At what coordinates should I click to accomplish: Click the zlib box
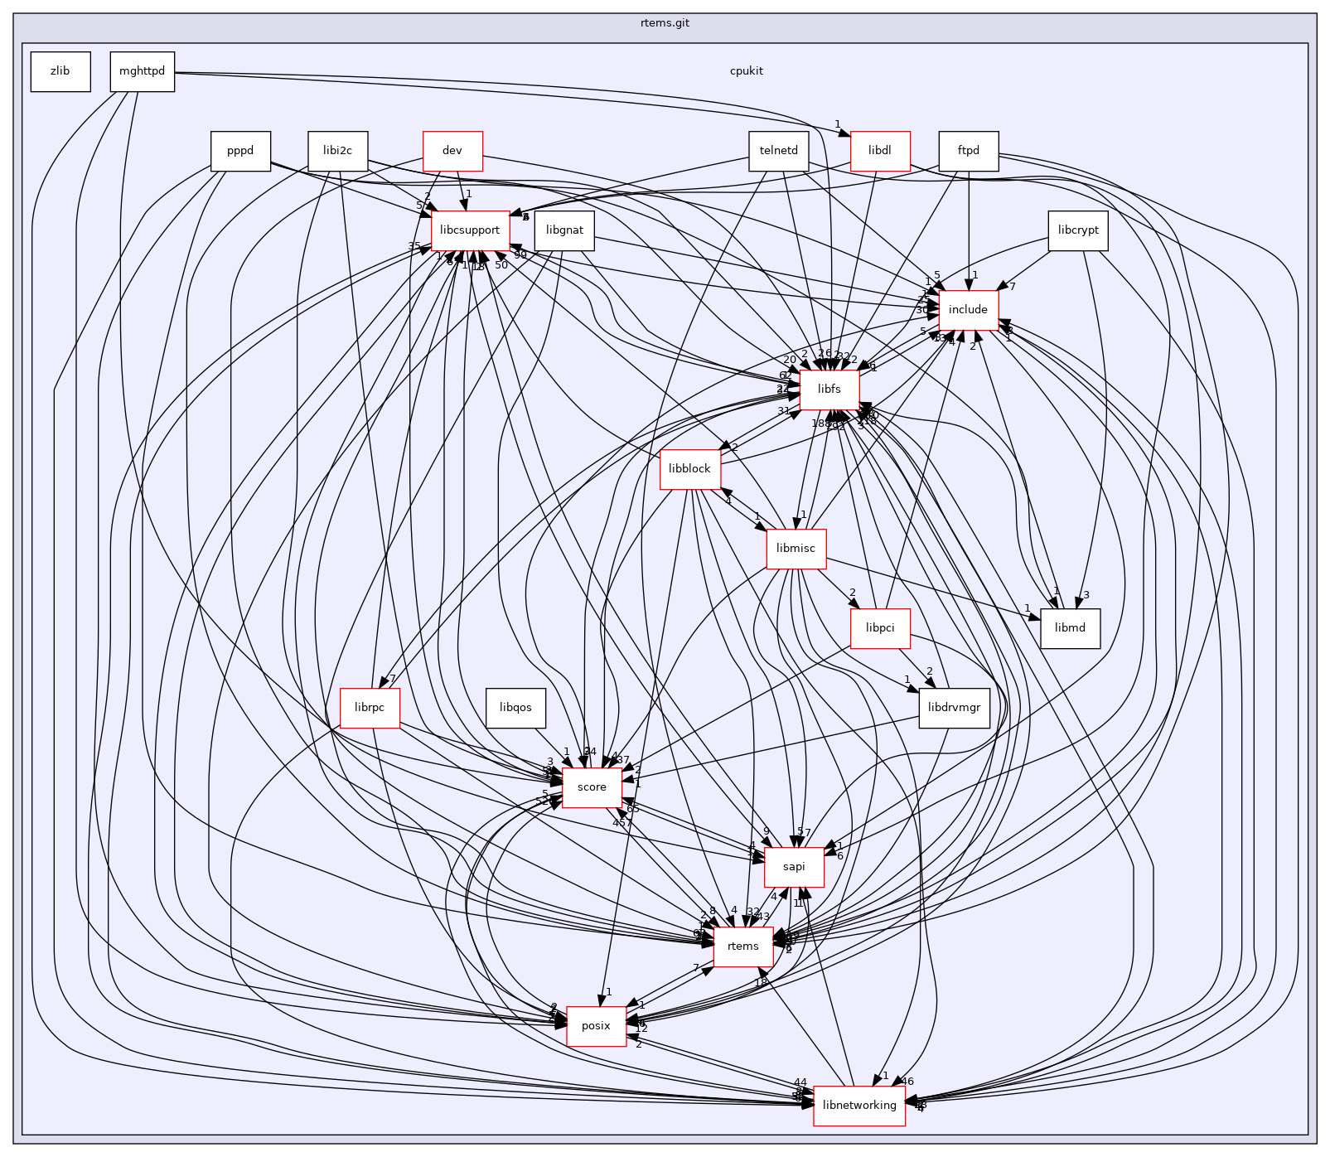(60, 71)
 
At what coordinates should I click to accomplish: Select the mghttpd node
(142, 71)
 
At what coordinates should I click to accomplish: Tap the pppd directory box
(240, 152)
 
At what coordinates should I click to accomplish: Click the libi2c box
(337, 152)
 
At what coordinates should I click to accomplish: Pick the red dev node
(452, 152)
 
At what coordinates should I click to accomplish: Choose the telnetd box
(778, 152)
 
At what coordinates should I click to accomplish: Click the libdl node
(879, 152)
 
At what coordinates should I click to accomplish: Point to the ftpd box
(968, 152)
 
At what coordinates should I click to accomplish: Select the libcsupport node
(470, 230)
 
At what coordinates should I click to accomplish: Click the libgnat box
(564, 230)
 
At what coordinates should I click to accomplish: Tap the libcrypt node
(1077, 230)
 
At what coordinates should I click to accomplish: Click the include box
(968, 310)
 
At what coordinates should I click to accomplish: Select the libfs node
(829, 390)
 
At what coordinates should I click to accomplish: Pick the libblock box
(689, 469)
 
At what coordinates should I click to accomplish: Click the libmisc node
(796, 549)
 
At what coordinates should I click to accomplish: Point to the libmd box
(1070, 628)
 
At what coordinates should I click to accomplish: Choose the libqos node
(515, 708)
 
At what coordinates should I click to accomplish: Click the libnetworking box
(859, 1106)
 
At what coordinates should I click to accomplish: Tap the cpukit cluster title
(746, 71)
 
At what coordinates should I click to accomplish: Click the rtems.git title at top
(665, 23)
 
